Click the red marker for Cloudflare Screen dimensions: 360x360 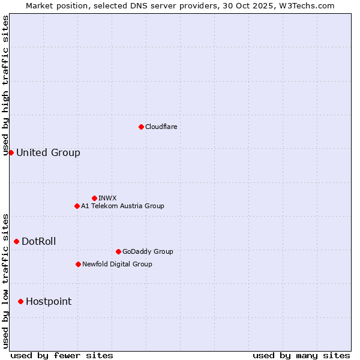coord(141,127)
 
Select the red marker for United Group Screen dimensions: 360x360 coord(11,152)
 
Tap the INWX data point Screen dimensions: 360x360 coord(94,198)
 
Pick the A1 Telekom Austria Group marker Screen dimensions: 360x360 coord(77,206)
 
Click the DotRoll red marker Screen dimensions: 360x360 coord(16,241)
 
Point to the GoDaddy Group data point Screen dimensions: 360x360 coord(118,251)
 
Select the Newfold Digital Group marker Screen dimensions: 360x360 coord(78,264)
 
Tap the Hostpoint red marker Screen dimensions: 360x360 coord(20,301)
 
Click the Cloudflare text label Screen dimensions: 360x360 coord(161,127)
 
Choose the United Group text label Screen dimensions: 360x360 coord(48,152)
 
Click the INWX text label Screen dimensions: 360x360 coord(107,198)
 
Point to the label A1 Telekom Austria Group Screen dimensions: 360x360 coord(122,206)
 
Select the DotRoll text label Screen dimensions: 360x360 coord(39,241)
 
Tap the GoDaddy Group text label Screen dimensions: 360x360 coord(148,251)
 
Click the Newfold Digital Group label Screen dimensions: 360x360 coord(117,264)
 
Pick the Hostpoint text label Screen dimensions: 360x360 coord(49,301)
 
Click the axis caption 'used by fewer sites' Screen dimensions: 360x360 coord(62,355)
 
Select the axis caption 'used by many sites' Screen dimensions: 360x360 coord(301,355)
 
